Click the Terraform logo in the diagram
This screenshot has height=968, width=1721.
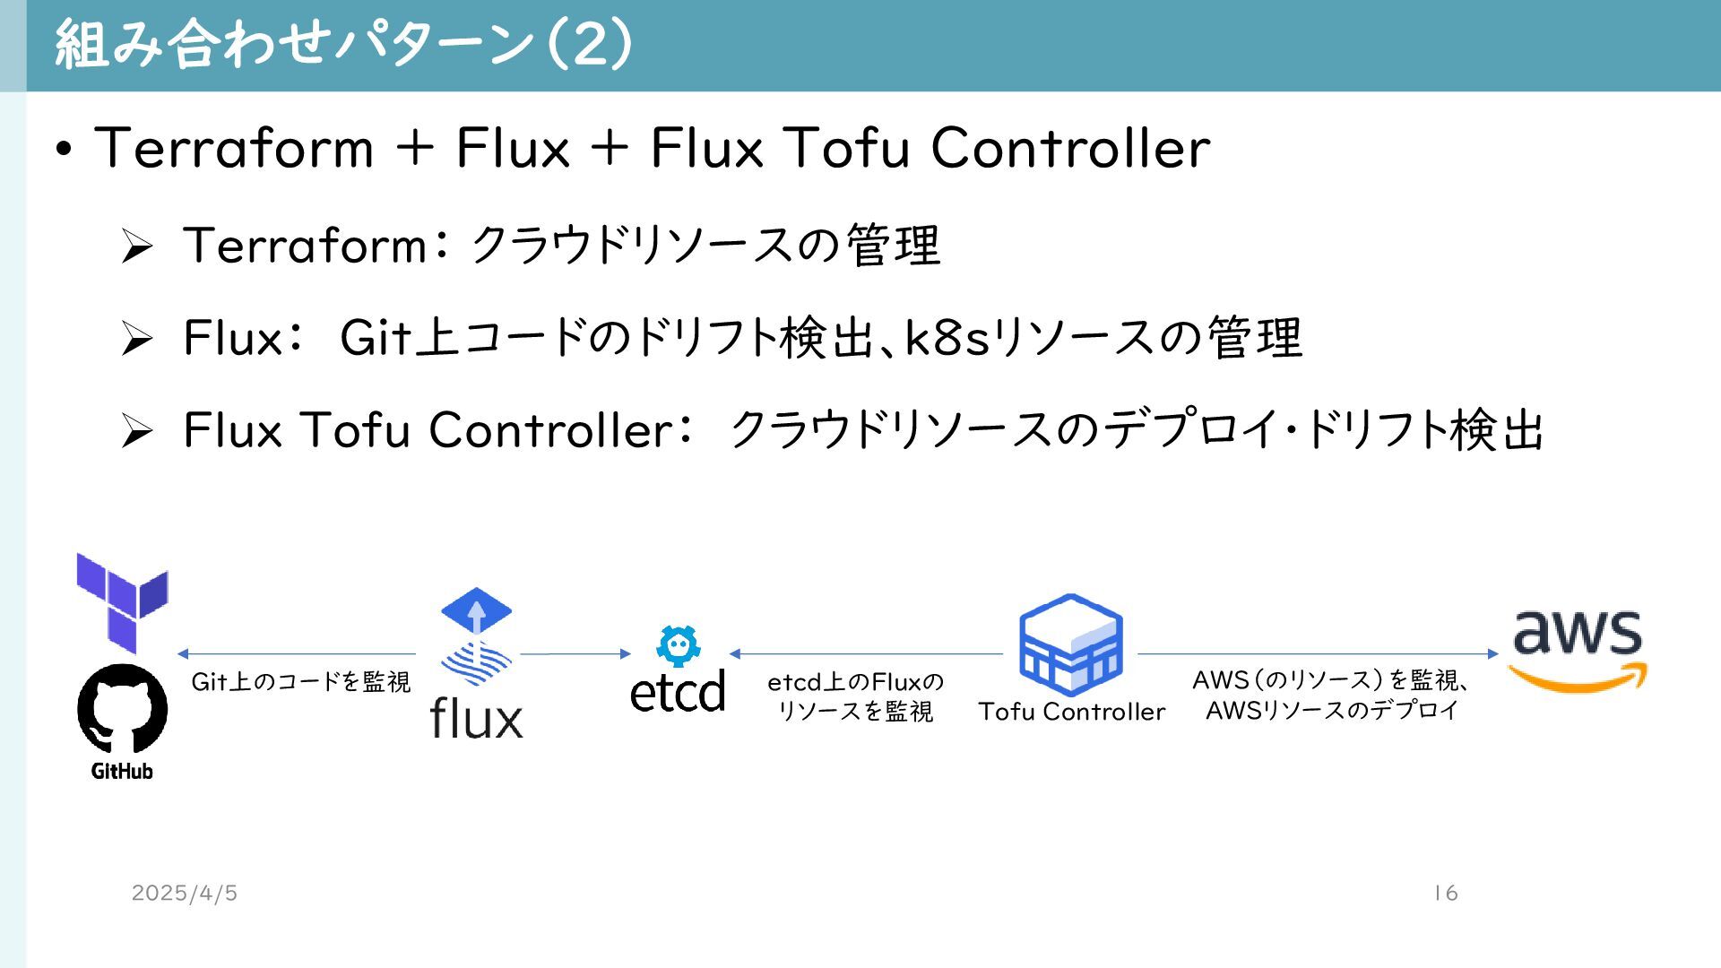[123, 601]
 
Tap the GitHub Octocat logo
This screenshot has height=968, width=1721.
[123, 710]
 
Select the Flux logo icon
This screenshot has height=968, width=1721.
[476, 637]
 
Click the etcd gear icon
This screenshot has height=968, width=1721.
[679, 646]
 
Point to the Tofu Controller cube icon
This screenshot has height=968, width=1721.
[1071, 644]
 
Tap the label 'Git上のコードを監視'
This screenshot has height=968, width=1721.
[301, 682]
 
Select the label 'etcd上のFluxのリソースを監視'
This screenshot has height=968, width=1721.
[855, 696]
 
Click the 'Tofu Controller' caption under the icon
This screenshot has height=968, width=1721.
[1071, 712]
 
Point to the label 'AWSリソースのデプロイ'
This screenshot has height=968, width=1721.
[1332, 711]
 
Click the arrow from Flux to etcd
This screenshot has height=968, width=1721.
[575, 653]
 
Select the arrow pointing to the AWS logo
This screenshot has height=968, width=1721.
[1318, 653]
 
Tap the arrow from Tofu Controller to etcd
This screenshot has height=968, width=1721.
[866, 653]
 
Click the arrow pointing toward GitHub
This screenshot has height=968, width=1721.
[297, 653]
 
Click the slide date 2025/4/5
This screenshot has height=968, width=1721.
[185, 893]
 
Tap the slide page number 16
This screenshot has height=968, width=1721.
[1445, 893]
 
